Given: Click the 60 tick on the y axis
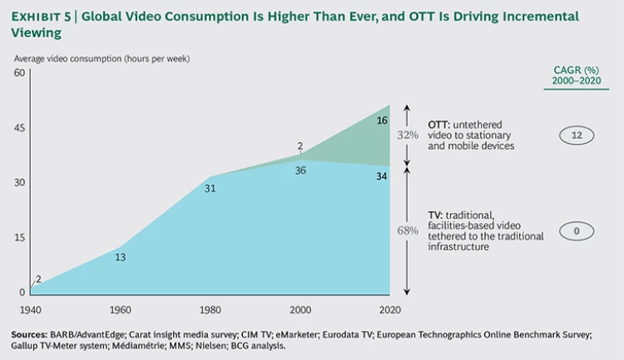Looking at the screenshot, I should tap(20, 73).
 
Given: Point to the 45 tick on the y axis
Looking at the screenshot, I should tap(20, 128).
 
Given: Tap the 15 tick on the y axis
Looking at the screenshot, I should tap(20, 237).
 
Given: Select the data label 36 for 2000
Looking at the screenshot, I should tap(301, 171).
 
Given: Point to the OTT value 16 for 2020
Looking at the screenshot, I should tap(381, 120).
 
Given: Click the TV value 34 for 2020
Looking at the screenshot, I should tap(381, 177).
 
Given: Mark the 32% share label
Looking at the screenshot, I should tap(407, 136).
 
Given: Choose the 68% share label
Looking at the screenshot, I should tap(407, 231).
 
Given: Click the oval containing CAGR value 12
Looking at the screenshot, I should tap(576, 136).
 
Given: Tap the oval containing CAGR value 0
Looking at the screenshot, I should tap(576, 232).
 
